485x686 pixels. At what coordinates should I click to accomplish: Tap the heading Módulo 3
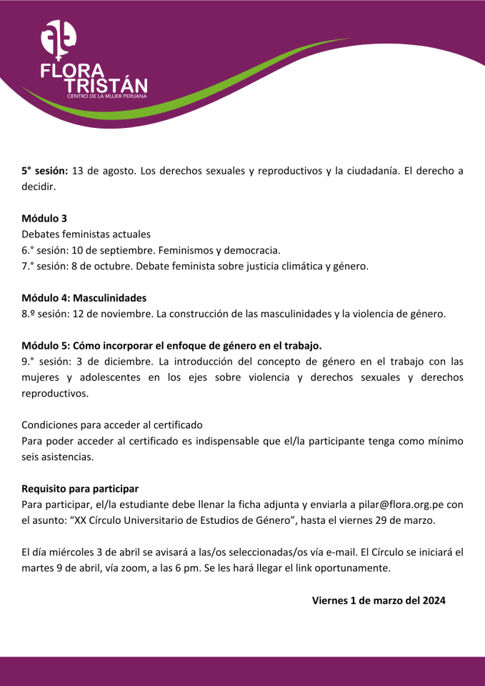[x=44, y=218]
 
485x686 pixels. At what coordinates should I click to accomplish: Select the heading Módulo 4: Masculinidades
[x=84, y=297]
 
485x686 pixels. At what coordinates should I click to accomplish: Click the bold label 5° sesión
[x=44, y=171]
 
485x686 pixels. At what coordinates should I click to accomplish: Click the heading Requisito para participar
[x=79, y=489]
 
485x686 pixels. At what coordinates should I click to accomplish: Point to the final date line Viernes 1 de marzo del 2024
[x=379, y=600]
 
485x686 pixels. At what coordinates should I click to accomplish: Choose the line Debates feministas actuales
[x=86, y=234]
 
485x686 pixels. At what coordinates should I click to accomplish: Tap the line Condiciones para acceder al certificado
[x=112, y=424]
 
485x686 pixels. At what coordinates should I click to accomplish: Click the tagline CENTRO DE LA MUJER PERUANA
[x=106, y=95]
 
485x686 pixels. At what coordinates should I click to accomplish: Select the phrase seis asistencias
[x=57, y=457]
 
